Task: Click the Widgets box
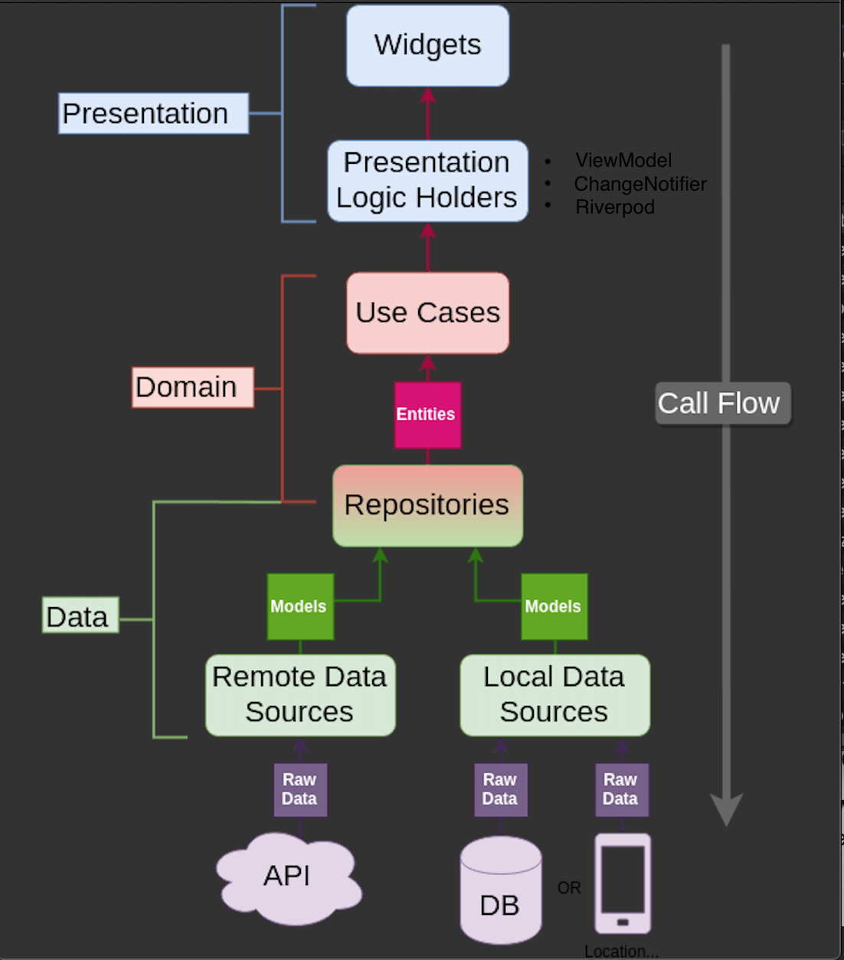coord(427,46)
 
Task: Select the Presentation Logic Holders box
coord(427,181)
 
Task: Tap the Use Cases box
coord(427,313)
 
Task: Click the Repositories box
coord(427,505)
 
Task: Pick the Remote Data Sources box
coord(300,695)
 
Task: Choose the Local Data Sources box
coord(554,695)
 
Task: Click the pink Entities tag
coord(427,415)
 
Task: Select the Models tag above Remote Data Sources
coord(299,606)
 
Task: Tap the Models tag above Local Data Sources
coord(554,606)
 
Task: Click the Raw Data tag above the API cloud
coord(300,789)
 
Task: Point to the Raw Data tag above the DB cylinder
coord(501,789)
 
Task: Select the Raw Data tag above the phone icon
coord(621,789)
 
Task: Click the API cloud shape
coord(289,877)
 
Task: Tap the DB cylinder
coord(501,892)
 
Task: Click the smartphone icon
coord(623,883)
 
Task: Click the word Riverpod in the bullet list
coord(615,207)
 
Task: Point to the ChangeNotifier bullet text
coord(640,184)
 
